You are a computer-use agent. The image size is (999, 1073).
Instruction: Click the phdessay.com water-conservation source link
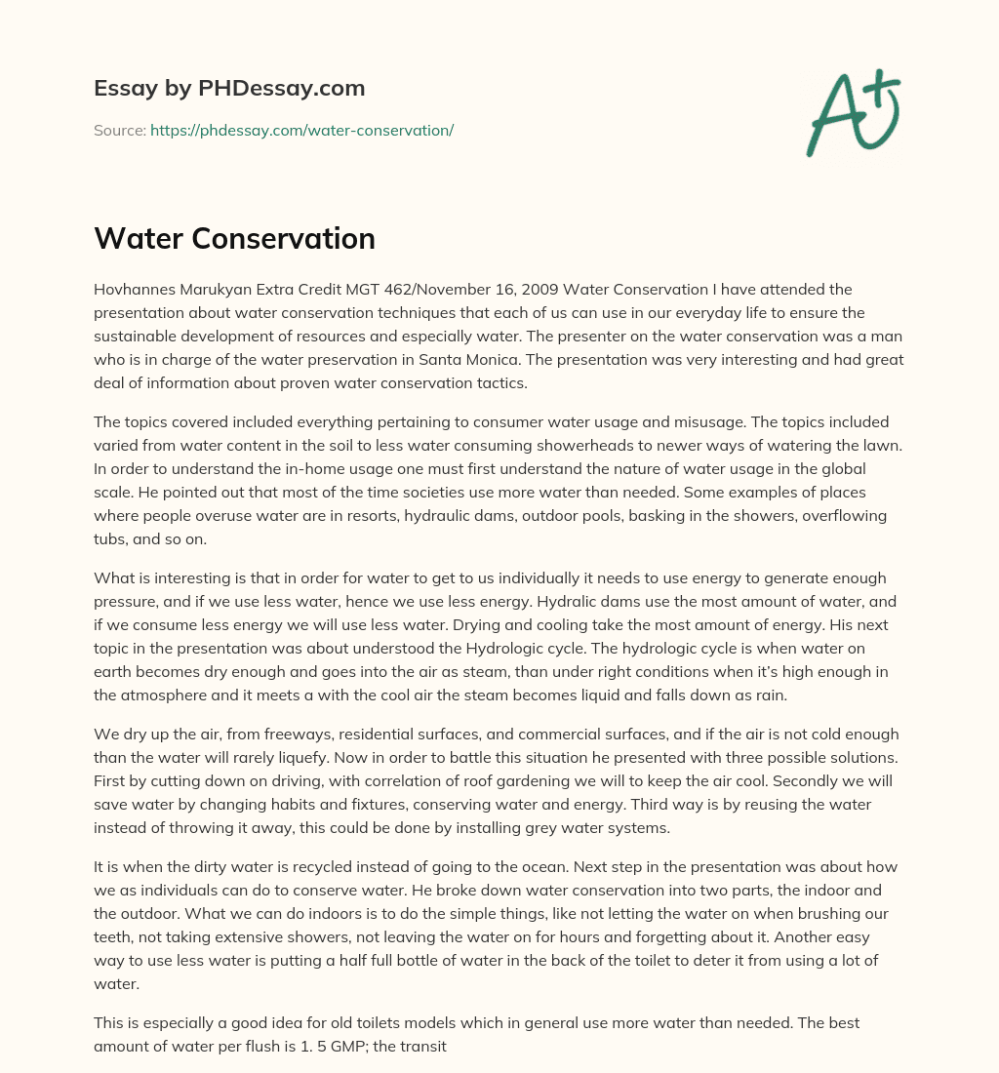pyautogui.click(x=301, y=130)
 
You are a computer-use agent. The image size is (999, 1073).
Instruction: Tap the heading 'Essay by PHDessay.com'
pyautogui.click(x=229, y=88)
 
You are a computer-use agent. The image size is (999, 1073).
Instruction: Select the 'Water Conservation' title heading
pyautogui.click(x=234, y=239)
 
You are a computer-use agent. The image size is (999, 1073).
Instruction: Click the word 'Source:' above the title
pyautogui.click(x=119, y=130)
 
